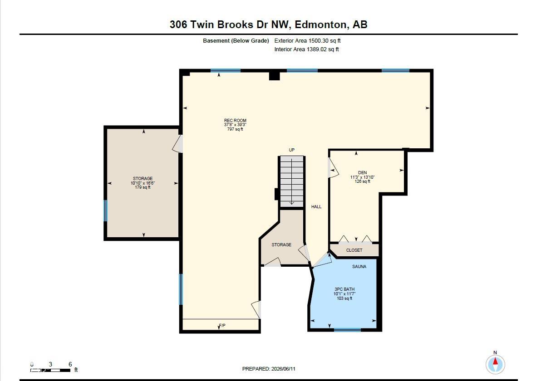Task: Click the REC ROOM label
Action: point(235,120)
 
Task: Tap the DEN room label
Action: point(362,172)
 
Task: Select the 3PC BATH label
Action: point(344,289)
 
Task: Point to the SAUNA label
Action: point(359,267)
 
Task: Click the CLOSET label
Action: point(354,250)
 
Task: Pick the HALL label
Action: point(316,206)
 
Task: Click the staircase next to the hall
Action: point(291,181)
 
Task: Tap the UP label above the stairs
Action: point(291,150)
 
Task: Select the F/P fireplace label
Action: point(222,325)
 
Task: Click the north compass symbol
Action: point(495,364)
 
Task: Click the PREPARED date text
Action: point(269,369)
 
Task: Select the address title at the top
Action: point(268,24)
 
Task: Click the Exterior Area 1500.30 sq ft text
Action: point(307,41)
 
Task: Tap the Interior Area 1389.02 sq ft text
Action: point(307,49)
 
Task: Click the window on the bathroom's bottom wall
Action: point(347,330)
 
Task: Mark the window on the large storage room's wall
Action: point(106,210)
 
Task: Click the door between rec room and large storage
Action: point(178,143)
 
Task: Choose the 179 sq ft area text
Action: point(143,187)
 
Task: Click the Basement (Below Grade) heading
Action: point(236,41)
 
